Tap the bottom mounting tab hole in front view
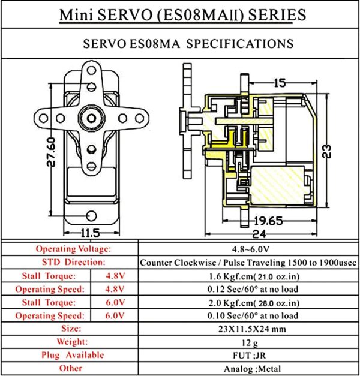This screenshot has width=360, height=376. coord(91,216)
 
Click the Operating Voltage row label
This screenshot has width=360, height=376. coord(74,248)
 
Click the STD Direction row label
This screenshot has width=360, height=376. coord(74,262)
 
